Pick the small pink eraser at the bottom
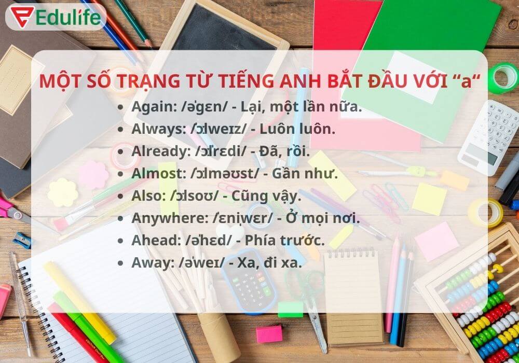tap(269, 333)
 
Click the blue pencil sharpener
tap(22, 240)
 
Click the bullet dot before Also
tap(121, 196)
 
